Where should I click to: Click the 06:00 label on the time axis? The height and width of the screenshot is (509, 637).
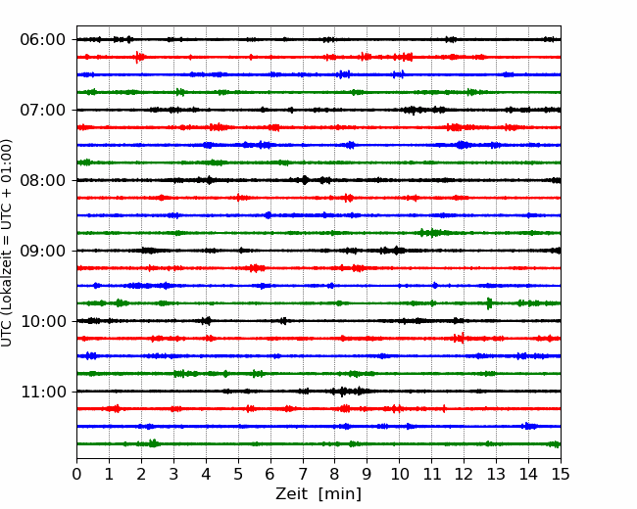[x=42, y=40]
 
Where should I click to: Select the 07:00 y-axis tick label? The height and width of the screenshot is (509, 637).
[x=42, y=110]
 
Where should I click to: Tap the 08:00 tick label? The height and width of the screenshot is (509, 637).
[x=42, y=180]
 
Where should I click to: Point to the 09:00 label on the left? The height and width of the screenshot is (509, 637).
[x=42, y=251]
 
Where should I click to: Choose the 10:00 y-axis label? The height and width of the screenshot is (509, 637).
[x=42, y=321]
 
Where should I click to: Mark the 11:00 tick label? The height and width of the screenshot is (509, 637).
[x=42, y=392]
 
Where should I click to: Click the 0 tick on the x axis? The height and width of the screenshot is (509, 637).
[x=76, y=474]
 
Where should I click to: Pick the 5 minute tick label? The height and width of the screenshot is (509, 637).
[x=238, y=474]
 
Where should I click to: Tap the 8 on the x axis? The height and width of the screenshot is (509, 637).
[x=335, y=474]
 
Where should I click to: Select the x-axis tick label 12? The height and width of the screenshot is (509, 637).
[x=464, y=474]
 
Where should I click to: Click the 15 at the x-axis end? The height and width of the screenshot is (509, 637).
[x=561, y=474]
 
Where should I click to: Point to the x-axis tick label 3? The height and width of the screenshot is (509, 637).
[x=173, y=474]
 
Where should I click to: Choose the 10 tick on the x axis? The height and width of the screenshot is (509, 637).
[x=399, y=474]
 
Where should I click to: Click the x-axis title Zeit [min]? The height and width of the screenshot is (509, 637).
[x=318, y=494]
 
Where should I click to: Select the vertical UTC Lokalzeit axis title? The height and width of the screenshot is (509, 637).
[x=7, y=243]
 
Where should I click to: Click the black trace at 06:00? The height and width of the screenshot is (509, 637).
[x=318, y=39]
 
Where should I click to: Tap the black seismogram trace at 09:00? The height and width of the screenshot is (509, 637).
[x=318, y=251]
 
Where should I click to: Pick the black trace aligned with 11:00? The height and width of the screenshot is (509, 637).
[x=318, y=392]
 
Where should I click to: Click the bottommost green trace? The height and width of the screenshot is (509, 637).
[x=318, y=444]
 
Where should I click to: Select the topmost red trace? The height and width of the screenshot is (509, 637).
[x=318, y=57]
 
